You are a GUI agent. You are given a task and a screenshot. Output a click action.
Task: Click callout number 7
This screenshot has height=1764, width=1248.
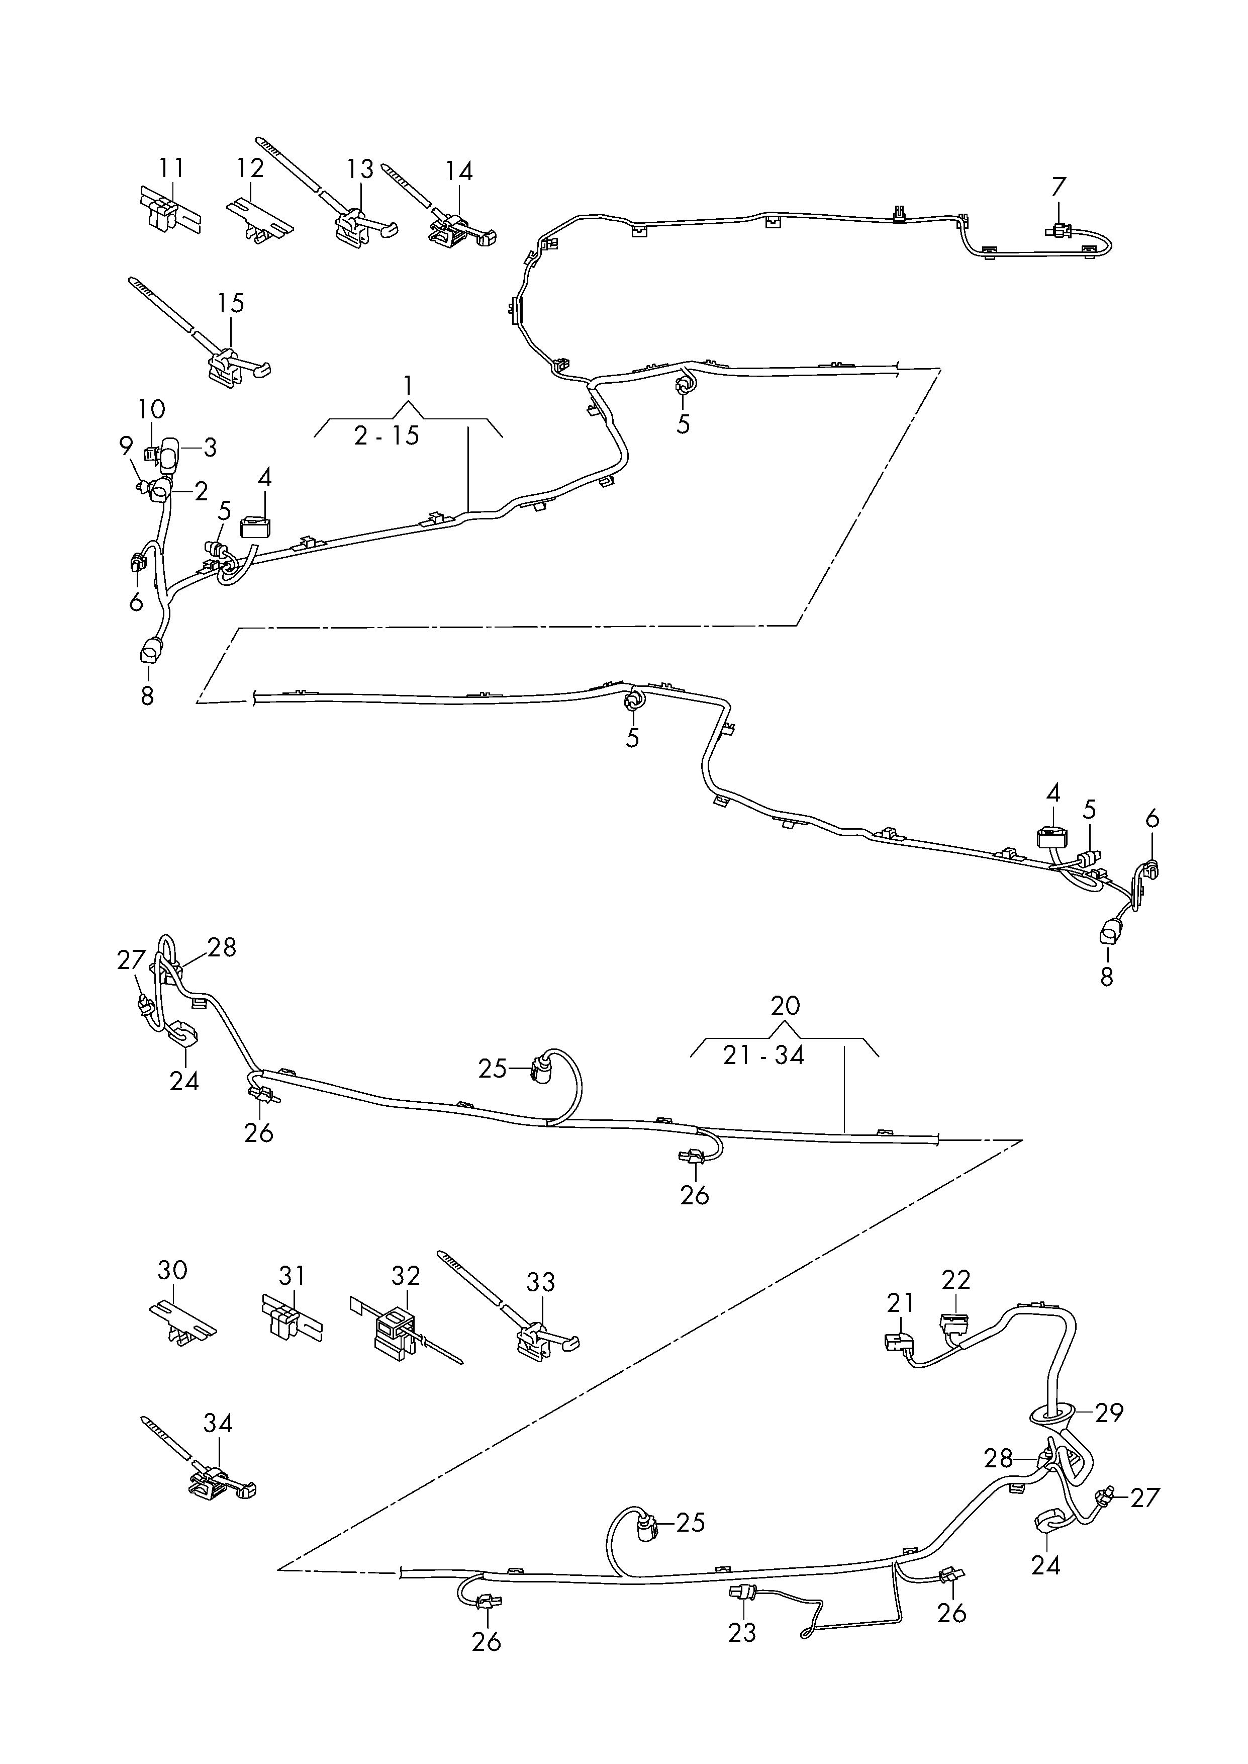tap(1059, 187)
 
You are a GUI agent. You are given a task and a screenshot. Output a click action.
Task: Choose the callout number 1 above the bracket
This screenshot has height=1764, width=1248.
tap(408, 384)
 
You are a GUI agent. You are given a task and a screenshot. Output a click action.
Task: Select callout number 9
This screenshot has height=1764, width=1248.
tap(127, 447)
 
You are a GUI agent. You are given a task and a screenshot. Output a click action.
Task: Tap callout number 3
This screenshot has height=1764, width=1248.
tap(209, 448)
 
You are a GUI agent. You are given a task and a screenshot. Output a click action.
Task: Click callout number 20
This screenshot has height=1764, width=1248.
tap(786, 1005)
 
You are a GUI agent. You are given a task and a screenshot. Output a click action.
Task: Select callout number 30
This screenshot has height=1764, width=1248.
tap(172, 1271)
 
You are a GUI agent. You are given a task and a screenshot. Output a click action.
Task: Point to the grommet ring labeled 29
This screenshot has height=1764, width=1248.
tap(1050, 1412)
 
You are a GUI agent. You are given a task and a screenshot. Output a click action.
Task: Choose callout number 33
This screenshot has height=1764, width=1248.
tap(541, 1282)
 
